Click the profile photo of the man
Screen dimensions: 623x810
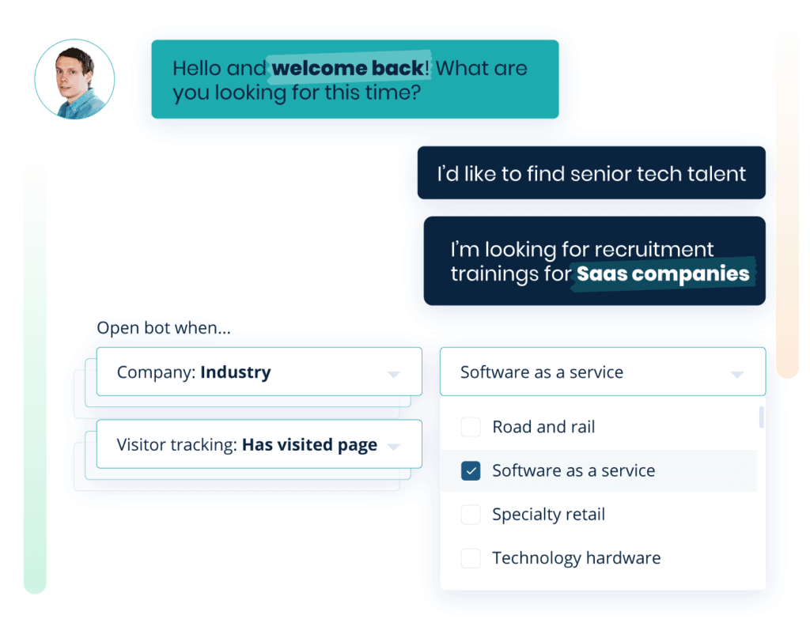tap(74, 78)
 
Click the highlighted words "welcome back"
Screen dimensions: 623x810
tap(348, 69)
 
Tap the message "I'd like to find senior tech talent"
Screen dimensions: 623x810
tap(591, 173)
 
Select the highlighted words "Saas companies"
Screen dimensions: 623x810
tap(663, 274)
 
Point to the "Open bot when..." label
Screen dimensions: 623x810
tap(164, 328)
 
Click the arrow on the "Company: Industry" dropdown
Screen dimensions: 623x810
tap(393, 374)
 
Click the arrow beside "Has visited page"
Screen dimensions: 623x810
tap(393, 447)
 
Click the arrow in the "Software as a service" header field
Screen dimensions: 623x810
tap(736, 374)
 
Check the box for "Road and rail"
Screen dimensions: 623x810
tap(471, 428)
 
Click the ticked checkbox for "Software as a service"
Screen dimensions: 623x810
tap(471, 471)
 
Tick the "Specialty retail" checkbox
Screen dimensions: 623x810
tap(471, 515)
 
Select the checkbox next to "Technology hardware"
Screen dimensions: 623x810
tap(471, 558)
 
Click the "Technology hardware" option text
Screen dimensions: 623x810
tap(576, 558)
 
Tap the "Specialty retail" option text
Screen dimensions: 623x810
tap(548, 515)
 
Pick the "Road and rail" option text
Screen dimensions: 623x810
tap(543, 428)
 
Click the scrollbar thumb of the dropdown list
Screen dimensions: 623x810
tap(761, 417)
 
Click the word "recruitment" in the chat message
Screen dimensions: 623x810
tap(653, 250)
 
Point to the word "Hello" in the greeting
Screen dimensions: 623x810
tap(197, 69)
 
